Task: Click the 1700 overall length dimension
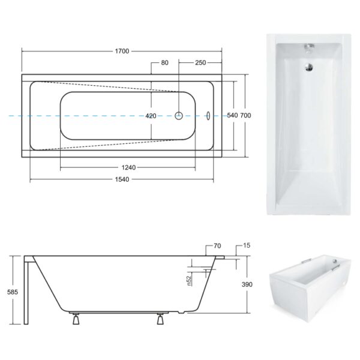(x=122, y=51)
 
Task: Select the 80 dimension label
(x=164, y=62)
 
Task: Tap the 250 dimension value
(x=200, y=62)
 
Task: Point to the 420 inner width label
(x=151, y=116)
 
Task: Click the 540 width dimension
(x=232, y=115)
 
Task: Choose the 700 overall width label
(x=245, y=115)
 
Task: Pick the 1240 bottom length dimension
(x=128, y=167)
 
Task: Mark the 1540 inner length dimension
(x=122, y=179)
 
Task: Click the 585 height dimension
(x=13, y=292)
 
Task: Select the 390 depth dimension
(x=247, y=284)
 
